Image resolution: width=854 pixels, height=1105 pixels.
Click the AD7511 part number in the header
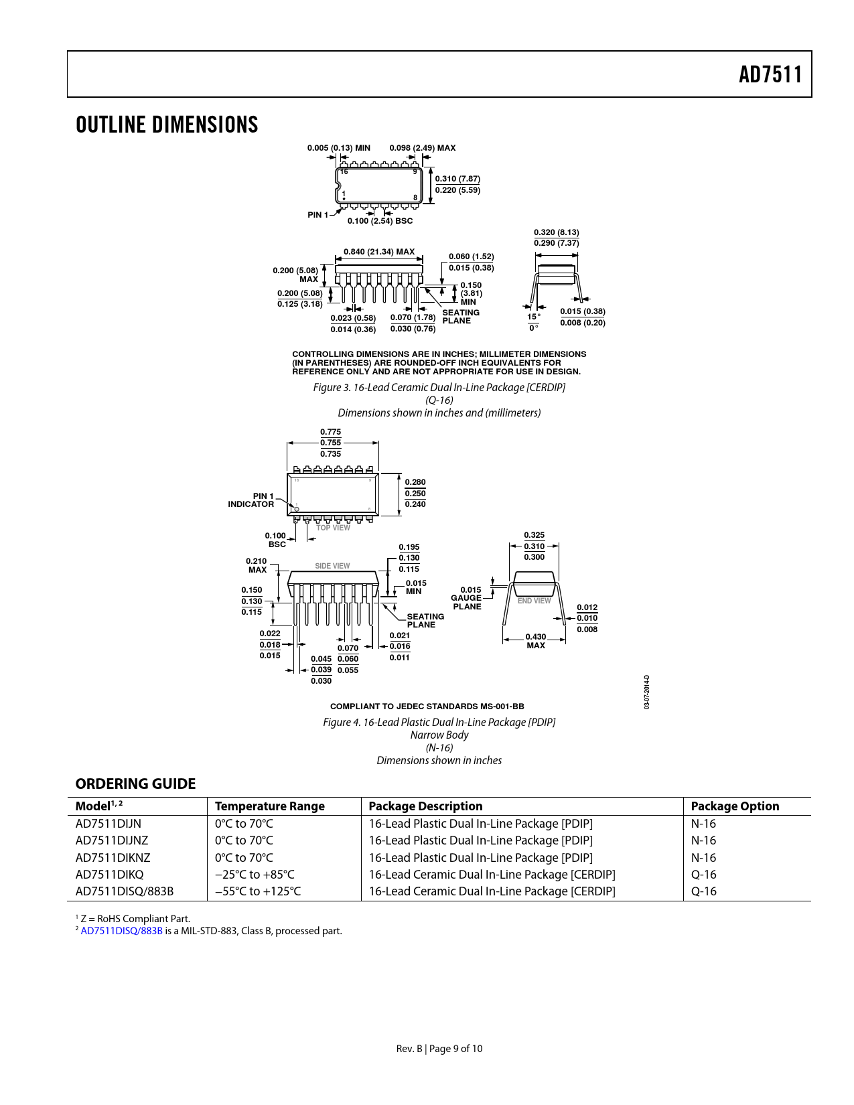pyautogui.click(x=770, y=74)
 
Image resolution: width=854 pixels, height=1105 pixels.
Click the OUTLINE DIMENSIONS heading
pyautogui.click(x=167, y=125)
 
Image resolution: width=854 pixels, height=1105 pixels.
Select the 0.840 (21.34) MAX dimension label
pyautogui.click(x=379, y=252)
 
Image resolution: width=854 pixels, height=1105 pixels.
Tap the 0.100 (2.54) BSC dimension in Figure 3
pyautogui.click(x=380, y=221)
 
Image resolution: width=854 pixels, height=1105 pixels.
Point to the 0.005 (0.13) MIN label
pyautogui.click(x=339, y=148)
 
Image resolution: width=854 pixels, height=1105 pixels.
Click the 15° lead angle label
pyautogui.click(x=534, y=316)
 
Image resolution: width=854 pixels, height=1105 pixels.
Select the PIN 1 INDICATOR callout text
pyautogui.click(x=251, y=500)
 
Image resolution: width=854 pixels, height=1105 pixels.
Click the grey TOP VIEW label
pyautogui.click(x=333, y=528)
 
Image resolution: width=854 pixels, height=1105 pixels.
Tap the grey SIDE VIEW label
pyautogui.click(x=332, y=566)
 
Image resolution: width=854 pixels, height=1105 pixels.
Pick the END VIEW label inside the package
pyautogui.click(x=534, y=601)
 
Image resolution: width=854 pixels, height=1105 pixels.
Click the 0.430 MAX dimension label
pyautogui.click(x=536, y=641)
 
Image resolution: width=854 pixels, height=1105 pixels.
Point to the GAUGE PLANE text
pyautogui.click(x=467, y=602)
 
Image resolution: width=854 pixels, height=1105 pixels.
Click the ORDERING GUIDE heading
pyautogui.click(x=135, y=784)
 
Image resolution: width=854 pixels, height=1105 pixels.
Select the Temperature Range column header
pyautogui.click(x=269, y=806)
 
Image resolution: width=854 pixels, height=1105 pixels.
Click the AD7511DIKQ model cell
pyautogui.click(x=109, y=874)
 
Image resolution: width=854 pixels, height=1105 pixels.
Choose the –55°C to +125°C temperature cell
pyautogui.click(x=257, y=891)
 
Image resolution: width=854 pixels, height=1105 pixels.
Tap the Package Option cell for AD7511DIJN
pyautogui.click(x=703, y=823)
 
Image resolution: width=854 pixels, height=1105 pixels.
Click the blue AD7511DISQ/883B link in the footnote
pyautogui.click(x=121, y=931)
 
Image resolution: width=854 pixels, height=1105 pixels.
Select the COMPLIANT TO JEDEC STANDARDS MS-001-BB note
pyautogui.click(x=427, y=707)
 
